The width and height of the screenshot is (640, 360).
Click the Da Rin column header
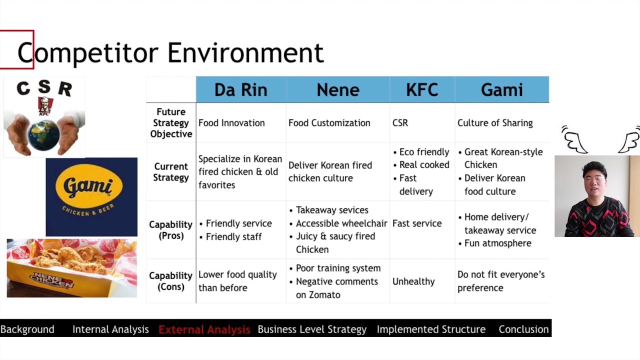tap(240, 90)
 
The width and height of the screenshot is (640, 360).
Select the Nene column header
tap(338, 90)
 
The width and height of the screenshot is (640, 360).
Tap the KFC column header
tap(422, 90)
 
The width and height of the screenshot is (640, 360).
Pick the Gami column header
tap(501, 90)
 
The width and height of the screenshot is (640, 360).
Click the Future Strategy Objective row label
tap(171, 123)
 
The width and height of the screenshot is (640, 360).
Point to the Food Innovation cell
tap(231, 123)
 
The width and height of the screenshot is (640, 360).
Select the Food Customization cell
tap(329, 123)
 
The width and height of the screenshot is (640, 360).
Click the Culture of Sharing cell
tap(495, 123)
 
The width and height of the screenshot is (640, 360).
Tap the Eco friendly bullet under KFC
tap(424, 152)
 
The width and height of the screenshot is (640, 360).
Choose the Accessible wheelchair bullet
tap(341, 223)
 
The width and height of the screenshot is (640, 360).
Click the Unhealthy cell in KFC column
tap(413, 281)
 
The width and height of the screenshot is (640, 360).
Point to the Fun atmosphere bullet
tap(497, 243)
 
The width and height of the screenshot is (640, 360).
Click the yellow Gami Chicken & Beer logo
tap(91, 188)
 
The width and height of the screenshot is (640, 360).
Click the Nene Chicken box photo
tap(71, 268)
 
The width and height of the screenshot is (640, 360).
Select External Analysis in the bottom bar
tap(204, 329)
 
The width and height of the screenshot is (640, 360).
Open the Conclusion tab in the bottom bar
tap(523, 329)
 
